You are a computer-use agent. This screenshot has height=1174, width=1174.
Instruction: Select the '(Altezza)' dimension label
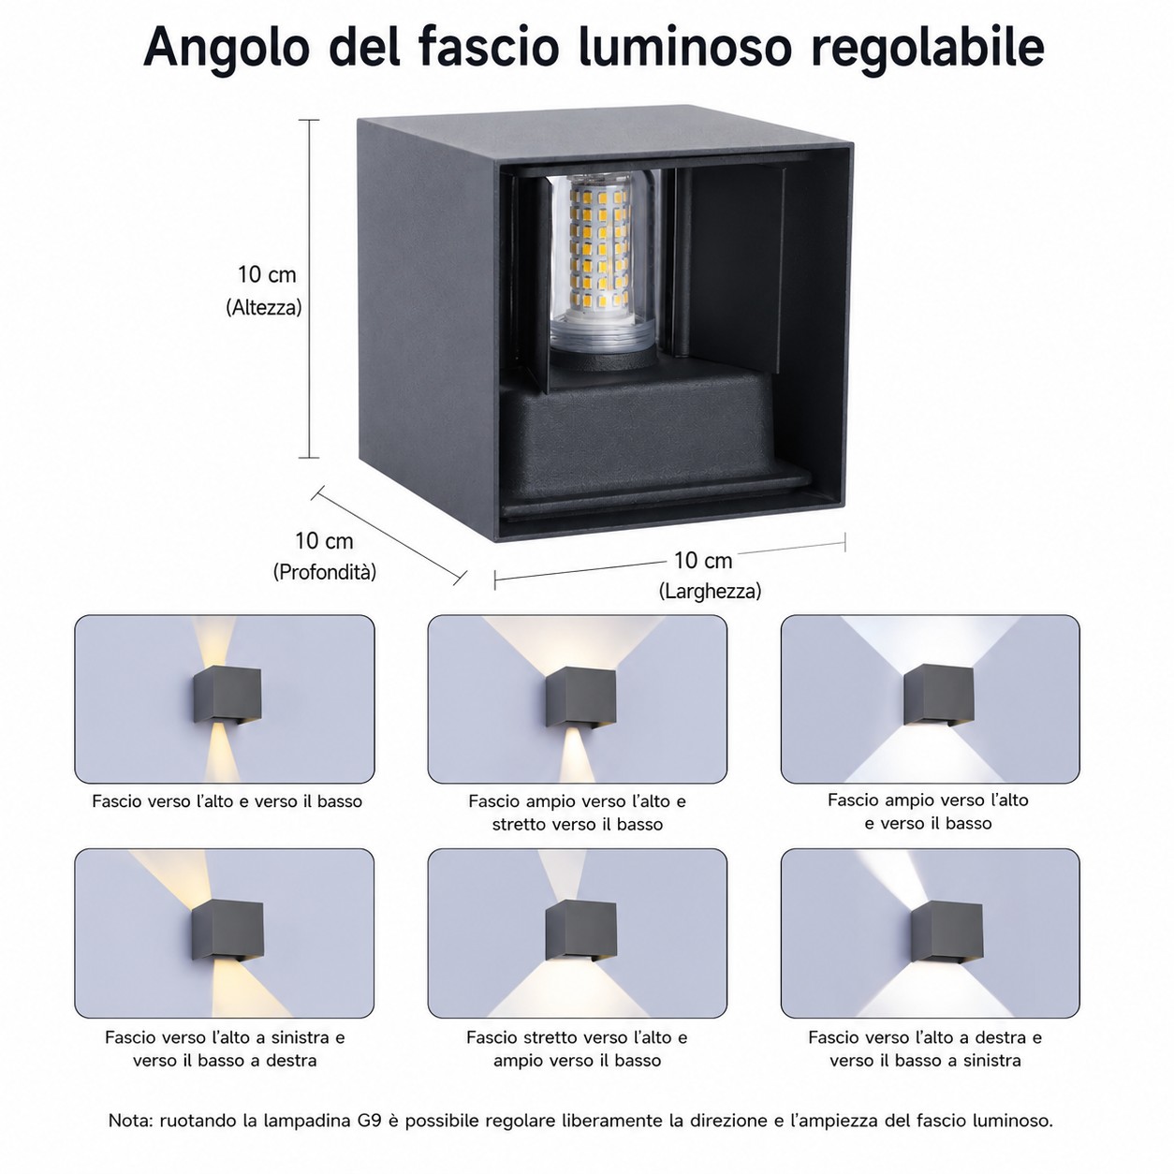click(x=264, y=308)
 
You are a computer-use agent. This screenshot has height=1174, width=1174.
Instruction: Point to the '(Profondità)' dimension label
click(x=324, y=572)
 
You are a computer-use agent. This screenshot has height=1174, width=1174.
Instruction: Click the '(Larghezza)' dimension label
click(x=710, y=591)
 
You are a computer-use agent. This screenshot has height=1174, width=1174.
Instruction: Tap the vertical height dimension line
click(x=310, y=288)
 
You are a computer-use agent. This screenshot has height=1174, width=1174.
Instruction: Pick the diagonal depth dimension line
click(x=389, y=535)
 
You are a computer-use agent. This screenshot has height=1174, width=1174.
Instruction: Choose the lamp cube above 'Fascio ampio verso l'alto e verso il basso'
click(x=938, y=695)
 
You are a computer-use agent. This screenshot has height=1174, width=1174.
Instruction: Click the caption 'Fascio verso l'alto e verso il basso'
click(x=227, y=801)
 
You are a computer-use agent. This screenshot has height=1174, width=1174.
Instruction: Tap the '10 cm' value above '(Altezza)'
click(x=267, y=274)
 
